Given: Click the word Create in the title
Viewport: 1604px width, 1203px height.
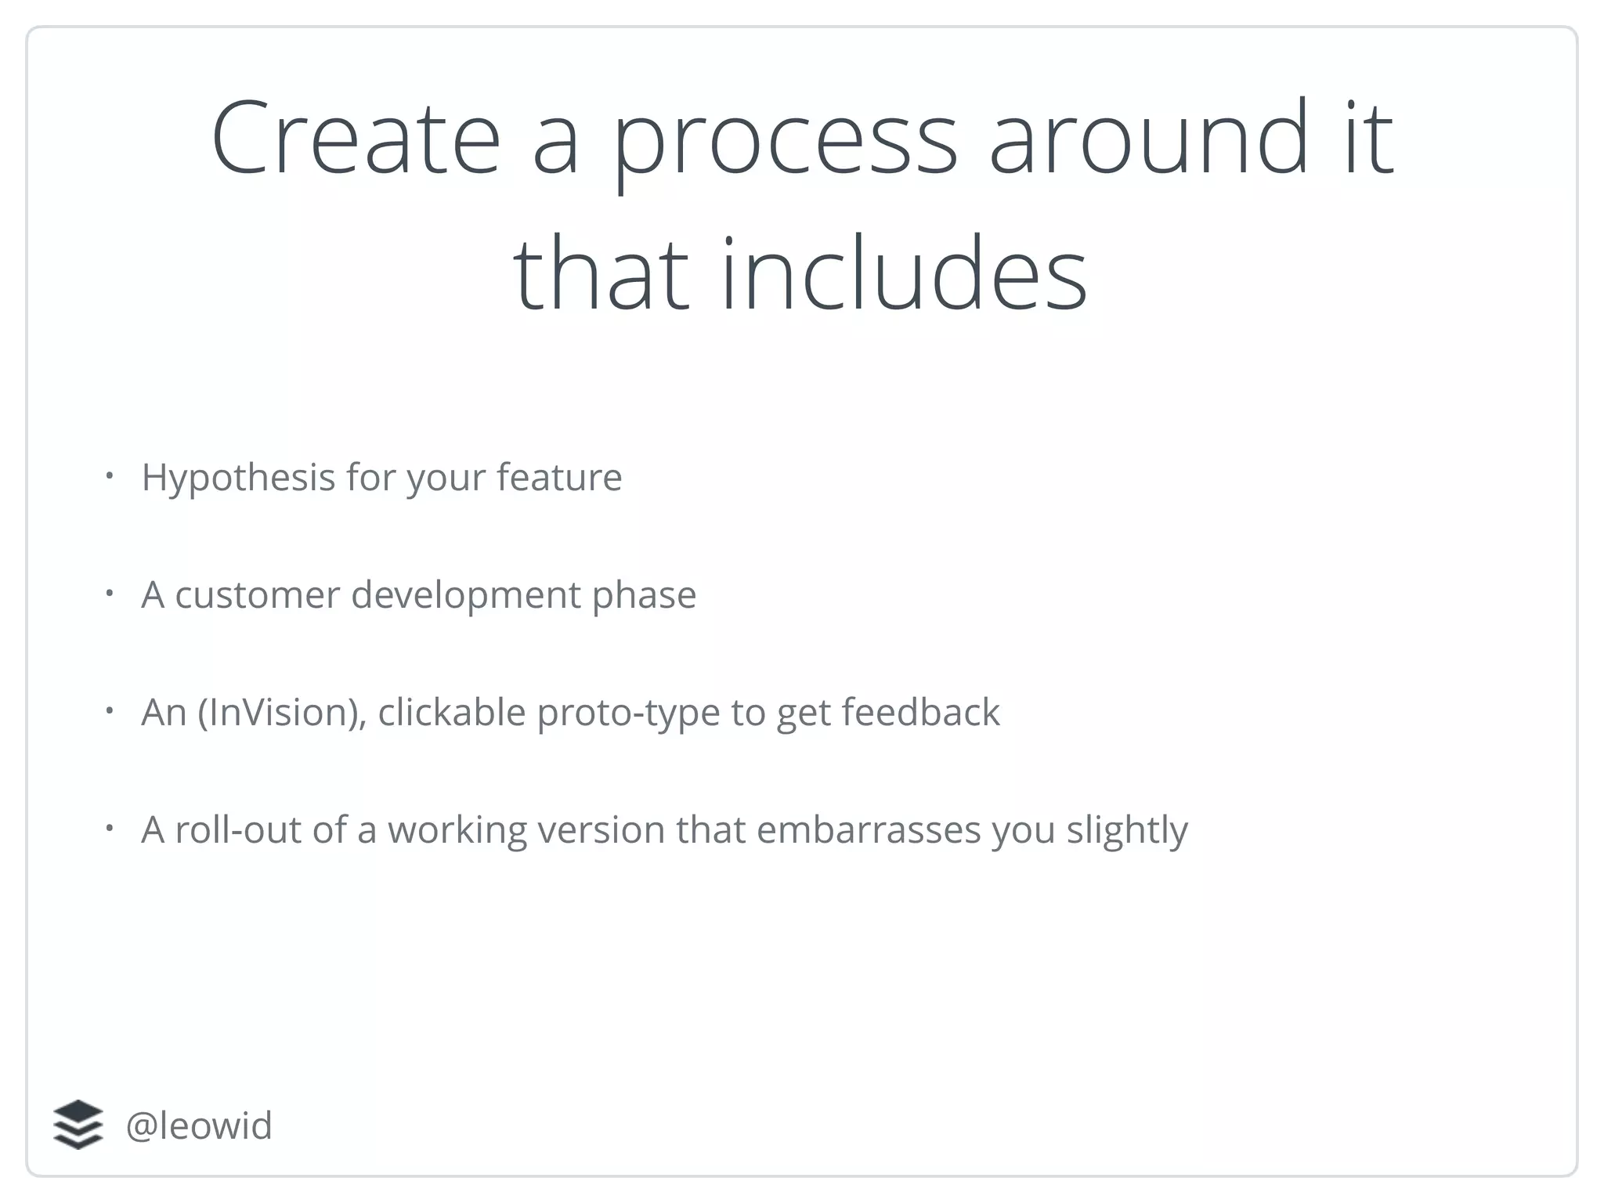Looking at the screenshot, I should tap(356, 138).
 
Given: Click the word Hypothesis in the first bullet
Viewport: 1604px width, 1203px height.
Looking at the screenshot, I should tap(238, 478).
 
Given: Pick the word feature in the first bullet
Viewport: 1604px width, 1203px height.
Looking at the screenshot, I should tap(559, 477).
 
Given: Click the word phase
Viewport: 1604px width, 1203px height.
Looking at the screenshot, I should tap(644, 595).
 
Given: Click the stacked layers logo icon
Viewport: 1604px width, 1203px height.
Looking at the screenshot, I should tap(78, 1125).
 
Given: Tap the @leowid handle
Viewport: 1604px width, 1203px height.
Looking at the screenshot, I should tap(198, 1125).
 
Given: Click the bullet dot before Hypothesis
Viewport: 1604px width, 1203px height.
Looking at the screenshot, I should tap(110, 475).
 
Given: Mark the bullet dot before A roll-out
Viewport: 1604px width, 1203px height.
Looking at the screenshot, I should tap(110, 827).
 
